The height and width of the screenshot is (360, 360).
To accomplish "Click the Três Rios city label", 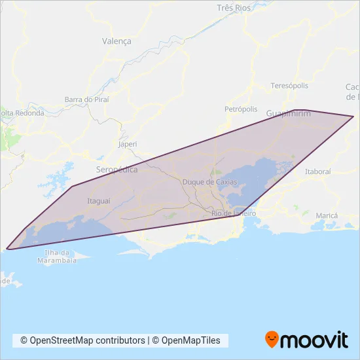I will (x=234, y=8).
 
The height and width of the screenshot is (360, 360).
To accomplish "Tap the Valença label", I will (x=117, y=41).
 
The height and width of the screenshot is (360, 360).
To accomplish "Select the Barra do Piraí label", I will (x=86, y=99).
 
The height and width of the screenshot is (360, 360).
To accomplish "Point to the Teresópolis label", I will (x=289, y=86).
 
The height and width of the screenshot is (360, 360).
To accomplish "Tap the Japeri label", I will (x=128, y=144).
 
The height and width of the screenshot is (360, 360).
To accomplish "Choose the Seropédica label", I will (x=117, y=169).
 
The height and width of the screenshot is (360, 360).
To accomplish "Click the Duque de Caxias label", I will (x=208, y=181).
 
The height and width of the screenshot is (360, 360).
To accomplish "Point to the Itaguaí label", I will (x=98, y=201).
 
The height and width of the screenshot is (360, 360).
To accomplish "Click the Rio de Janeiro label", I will (x=232, y=214).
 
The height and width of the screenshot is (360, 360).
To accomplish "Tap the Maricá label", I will (x=326, y=215).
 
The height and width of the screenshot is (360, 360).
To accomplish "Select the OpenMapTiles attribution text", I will (x=188, y=340).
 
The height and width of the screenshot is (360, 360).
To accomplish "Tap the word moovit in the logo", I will (x=314, y=340).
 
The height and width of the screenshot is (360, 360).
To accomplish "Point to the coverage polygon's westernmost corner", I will (x=7, y=248).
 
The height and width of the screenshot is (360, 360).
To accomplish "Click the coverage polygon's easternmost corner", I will (x=353, y=117).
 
